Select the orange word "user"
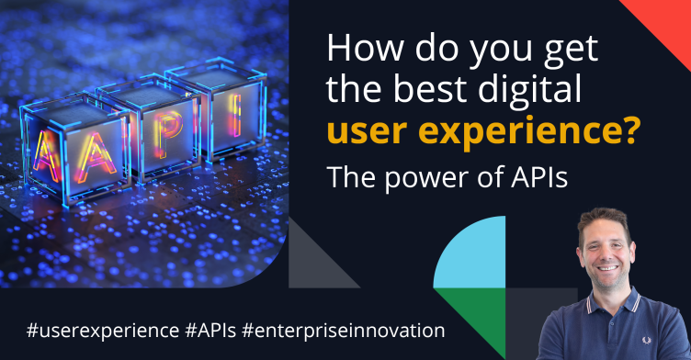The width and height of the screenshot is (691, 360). click(x=359, y=136)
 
